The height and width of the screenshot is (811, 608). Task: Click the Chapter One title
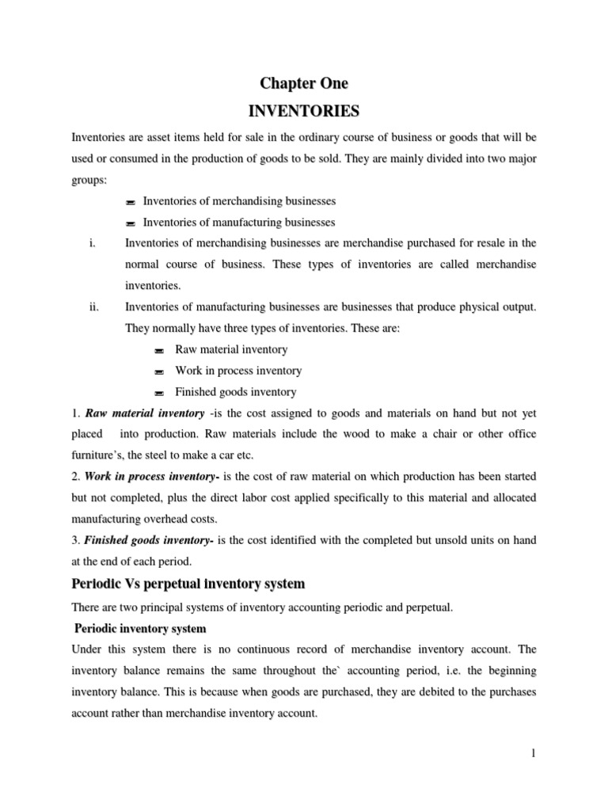tap(304, 83)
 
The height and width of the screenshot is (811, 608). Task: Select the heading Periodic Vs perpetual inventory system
tap(188, 584)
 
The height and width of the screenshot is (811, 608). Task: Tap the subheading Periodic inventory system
tap(140, 628)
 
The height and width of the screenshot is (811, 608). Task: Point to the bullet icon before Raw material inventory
tap(158, 350)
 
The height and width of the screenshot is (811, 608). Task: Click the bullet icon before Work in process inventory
tap(158, 371)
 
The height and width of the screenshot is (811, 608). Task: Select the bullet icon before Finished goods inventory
tap(158, 393)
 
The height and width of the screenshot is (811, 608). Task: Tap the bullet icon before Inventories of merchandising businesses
tap(131, 202)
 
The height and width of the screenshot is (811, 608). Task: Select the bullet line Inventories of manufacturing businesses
tap(238, 223)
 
